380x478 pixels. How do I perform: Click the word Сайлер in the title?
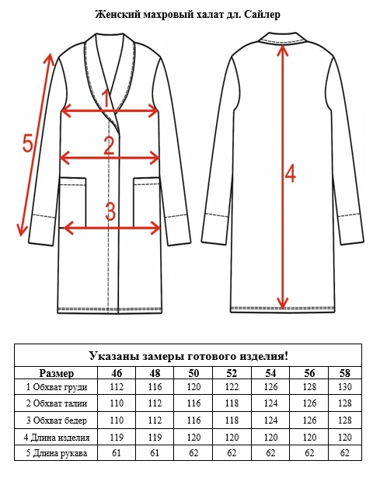[x=262, y=14]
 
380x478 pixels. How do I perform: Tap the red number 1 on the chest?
[x=106, y=98]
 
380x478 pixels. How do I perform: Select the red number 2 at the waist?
[x=109, y=145]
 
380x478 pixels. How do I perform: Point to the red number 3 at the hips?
[x=110, y=211]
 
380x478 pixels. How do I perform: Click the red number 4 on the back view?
[x=290, y=173]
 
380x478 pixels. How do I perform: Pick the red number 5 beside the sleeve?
[x=27, y=143]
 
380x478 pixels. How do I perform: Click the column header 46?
[x=117, y=373]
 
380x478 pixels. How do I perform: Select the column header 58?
[x=345, y=373]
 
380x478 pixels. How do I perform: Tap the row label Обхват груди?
[x=57, y=387]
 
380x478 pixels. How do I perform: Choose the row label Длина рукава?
[x=57, y=453]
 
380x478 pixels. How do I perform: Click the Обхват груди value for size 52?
[x=232, y=387]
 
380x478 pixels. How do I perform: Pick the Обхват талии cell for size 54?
[x=270, y=403]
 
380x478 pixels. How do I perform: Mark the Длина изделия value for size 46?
[x=117, y=438]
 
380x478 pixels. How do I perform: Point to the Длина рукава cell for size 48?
[x=155, y=452]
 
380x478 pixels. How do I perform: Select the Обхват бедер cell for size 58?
[x=345, y=420]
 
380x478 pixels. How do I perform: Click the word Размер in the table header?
[x=57, y=373]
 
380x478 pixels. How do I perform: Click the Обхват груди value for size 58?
[x=345, y=387]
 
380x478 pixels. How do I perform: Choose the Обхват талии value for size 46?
[x=117, y=403]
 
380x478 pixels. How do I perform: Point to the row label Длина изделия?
[x=57, y=438]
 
